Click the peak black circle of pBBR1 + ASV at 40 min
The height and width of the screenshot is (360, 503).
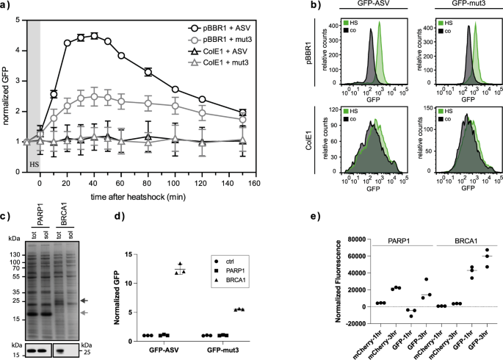coord(94,35)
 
